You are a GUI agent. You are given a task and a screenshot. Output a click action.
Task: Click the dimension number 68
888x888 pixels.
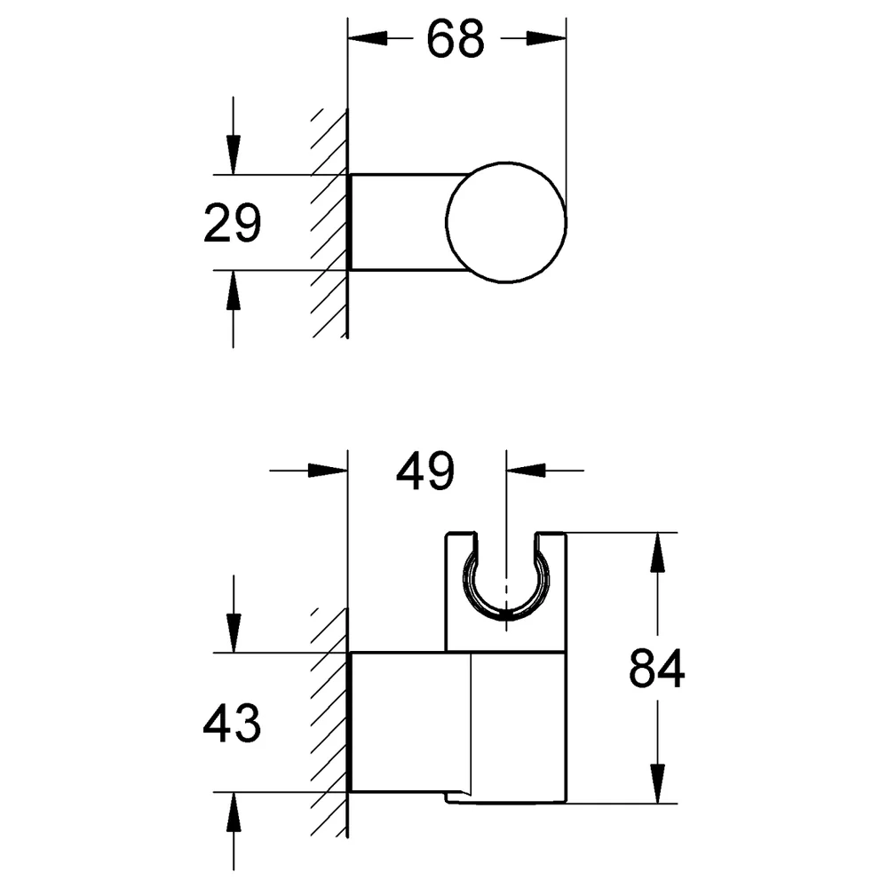(x=456, y=38)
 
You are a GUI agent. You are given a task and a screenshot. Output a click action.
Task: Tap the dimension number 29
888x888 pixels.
(x=232, y=223)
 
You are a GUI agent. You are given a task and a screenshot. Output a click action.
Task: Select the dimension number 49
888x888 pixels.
(x=424, y=471)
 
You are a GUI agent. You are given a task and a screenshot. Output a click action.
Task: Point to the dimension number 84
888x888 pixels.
(x=657, y=669)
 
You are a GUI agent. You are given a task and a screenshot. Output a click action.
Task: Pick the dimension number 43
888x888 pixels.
(x=232, y=723)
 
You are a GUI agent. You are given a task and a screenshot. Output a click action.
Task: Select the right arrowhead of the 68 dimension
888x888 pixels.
(x=546, y=38)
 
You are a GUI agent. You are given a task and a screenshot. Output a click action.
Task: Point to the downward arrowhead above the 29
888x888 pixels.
(x=234, y=155)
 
